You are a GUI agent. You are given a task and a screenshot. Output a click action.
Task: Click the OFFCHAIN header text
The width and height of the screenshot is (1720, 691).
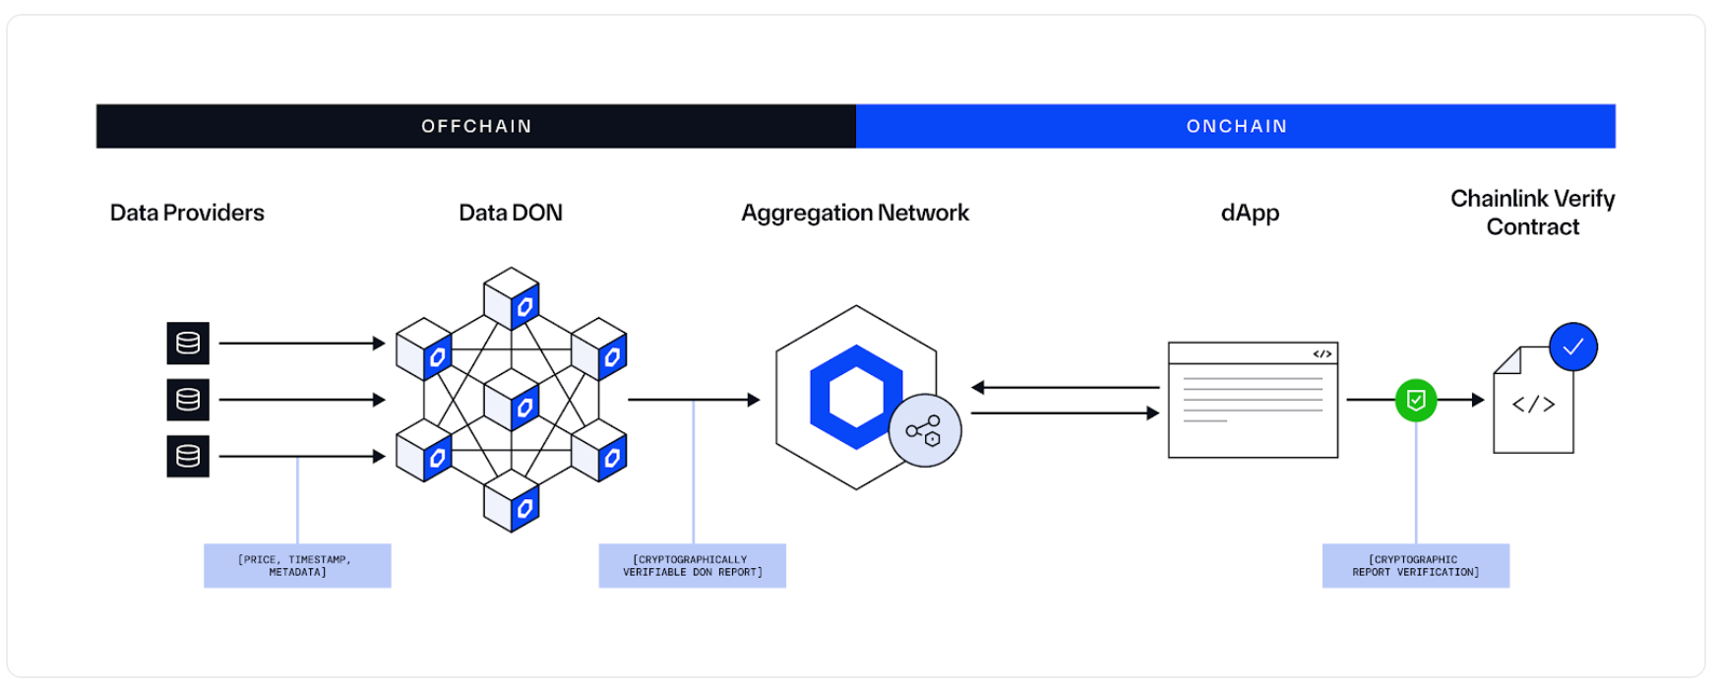[476, 126]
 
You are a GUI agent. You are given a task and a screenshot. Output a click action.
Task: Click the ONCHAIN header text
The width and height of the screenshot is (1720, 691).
[1236, 126]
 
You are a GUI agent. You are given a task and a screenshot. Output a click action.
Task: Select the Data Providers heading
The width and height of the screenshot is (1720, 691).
[187, 213]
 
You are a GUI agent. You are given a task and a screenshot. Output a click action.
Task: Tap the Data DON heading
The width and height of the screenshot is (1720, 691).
[511, 213]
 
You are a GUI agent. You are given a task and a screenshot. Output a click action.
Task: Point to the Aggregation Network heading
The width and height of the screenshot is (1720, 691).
[854, 213]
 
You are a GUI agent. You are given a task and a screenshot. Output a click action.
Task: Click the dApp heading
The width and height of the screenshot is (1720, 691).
[1250, 213]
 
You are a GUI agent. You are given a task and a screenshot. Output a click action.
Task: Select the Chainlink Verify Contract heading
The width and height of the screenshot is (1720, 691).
[1532, 213]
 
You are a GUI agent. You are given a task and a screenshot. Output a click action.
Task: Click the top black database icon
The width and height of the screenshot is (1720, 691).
[188, 344]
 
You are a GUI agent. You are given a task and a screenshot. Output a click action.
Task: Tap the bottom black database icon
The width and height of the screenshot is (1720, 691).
[188, 457]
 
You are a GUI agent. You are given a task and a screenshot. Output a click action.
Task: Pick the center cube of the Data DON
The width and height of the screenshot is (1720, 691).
[512, 400]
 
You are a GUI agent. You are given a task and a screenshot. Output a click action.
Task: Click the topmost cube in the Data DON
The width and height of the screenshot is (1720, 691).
[512, 298]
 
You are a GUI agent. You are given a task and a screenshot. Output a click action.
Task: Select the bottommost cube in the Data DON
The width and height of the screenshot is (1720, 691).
[512, 501]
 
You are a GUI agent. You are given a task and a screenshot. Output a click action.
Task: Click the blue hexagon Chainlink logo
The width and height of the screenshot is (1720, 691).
[854, 397]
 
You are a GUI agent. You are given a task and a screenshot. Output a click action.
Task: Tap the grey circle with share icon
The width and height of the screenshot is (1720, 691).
[924, 430]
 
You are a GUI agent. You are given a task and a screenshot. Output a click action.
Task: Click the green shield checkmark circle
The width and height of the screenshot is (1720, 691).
[1415, 401]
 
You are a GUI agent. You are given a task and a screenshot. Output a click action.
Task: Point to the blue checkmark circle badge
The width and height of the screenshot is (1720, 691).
[1572, 346]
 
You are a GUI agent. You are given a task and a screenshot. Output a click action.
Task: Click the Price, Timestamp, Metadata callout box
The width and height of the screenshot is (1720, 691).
[297, 566]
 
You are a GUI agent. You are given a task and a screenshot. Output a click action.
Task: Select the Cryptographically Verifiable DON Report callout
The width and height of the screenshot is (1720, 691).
[692, 566]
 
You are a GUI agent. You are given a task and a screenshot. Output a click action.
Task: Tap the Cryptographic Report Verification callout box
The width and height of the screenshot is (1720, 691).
[1415, 566]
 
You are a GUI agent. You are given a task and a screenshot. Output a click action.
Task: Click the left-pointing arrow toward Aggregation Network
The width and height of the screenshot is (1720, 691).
[1063, 388]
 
